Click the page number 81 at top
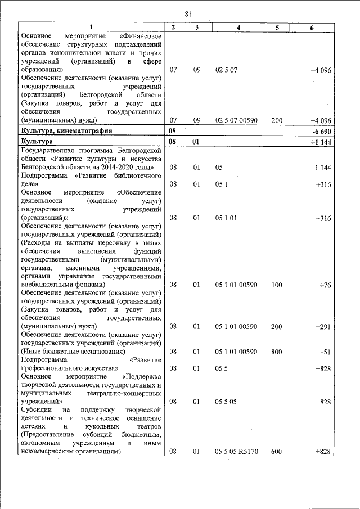coord(187,13)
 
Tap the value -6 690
coord(320,130)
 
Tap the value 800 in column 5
coord(277,352)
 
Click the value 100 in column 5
coord(277,285)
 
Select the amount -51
coord(324,352)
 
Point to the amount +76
coord(325,285)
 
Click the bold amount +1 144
coord(320,142)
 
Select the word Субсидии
coord(36,411)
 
